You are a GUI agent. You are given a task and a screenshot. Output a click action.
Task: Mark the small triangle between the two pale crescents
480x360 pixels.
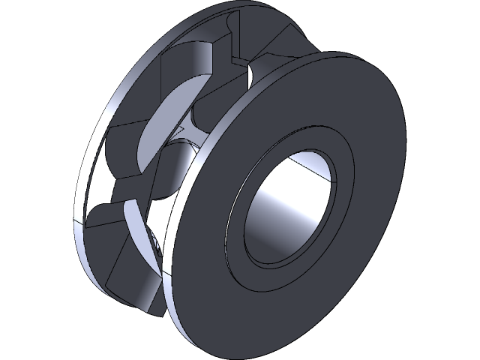click(177, 133)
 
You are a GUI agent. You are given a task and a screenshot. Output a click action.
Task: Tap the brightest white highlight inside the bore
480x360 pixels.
click(311, 161)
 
